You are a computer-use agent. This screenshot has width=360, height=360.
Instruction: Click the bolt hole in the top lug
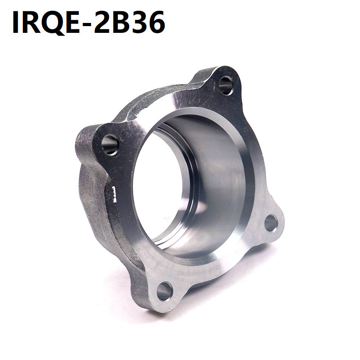226,85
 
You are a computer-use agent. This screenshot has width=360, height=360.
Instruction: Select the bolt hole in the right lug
271,223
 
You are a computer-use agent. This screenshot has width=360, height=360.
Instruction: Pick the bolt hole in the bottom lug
164,291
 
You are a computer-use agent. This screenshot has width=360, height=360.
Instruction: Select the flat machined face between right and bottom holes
225,265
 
